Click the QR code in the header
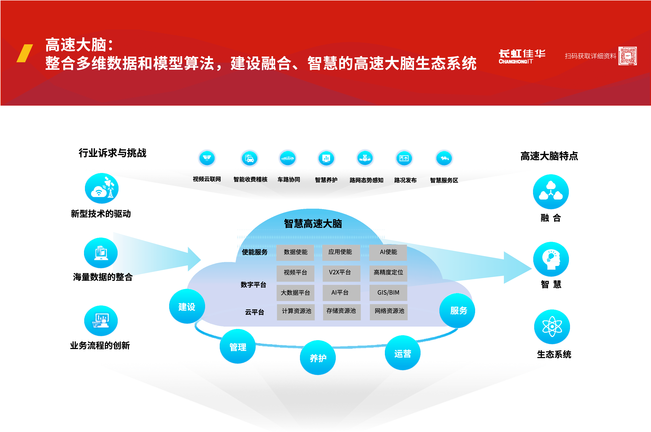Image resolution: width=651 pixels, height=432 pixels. (627, 56)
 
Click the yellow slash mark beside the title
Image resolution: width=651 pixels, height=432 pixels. (25, 53)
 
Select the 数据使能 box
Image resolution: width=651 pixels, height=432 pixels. (295, 252)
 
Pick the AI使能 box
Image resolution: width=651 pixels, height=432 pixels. (388, 252)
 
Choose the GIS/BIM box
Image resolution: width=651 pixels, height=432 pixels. (388, 293)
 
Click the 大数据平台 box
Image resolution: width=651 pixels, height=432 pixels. (295, 293)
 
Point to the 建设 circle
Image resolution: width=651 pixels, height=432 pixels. (187, 306)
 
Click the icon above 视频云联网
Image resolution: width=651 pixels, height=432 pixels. (207, 158)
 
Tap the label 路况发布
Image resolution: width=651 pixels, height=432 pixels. (405, 180)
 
